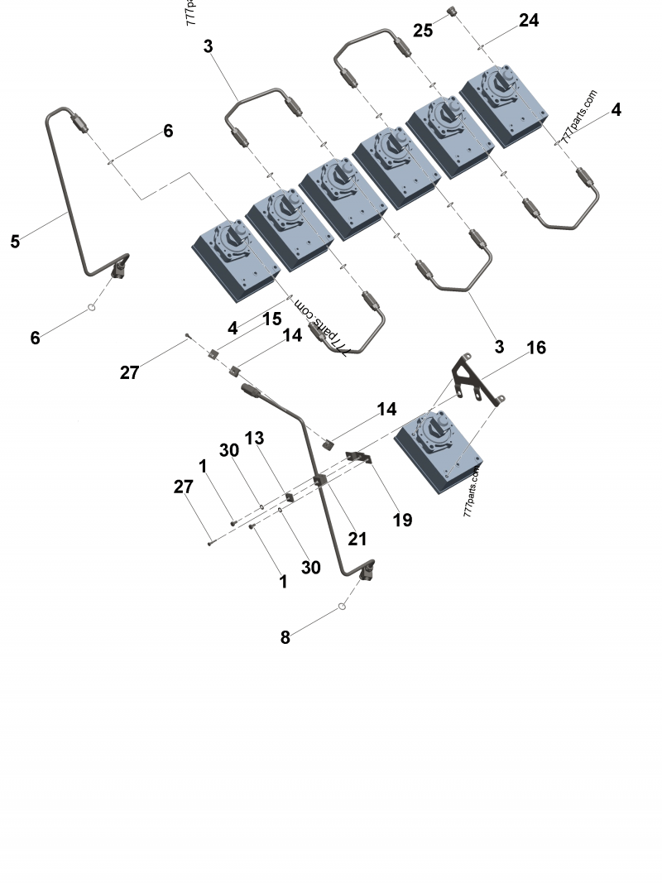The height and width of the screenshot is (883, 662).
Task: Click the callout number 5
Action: [15, 241]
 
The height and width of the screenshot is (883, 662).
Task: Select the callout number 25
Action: [423, 31]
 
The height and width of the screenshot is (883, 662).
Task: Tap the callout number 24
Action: [528, 21]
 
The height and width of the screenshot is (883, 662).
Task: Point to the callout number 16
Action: [536, 348]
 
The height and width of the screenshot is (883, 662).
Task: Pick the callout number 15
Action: [272, 319]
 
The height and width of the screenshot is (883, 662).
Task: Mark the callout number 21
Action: [357, 539]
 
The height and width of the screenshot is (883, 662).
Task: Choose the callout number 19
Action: [402, 520]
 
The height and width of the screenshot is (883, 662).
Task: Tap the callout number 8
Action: [285, 637]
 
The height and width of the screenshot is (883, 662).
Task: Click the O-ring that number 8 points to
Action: [342, 608]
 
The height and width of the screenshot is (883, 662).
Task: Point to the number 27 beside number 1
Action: [183, 487]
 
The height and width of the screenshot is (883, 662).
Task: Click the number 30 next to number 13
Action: [229, 449]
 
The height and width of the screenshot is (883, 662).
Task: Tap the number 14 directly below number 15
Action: [292, 335]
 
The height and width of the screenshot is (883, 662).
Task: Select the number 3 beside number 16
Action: [499, 347]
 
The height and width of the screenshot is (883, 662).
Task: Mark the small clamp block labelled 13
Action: [290, 497]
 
